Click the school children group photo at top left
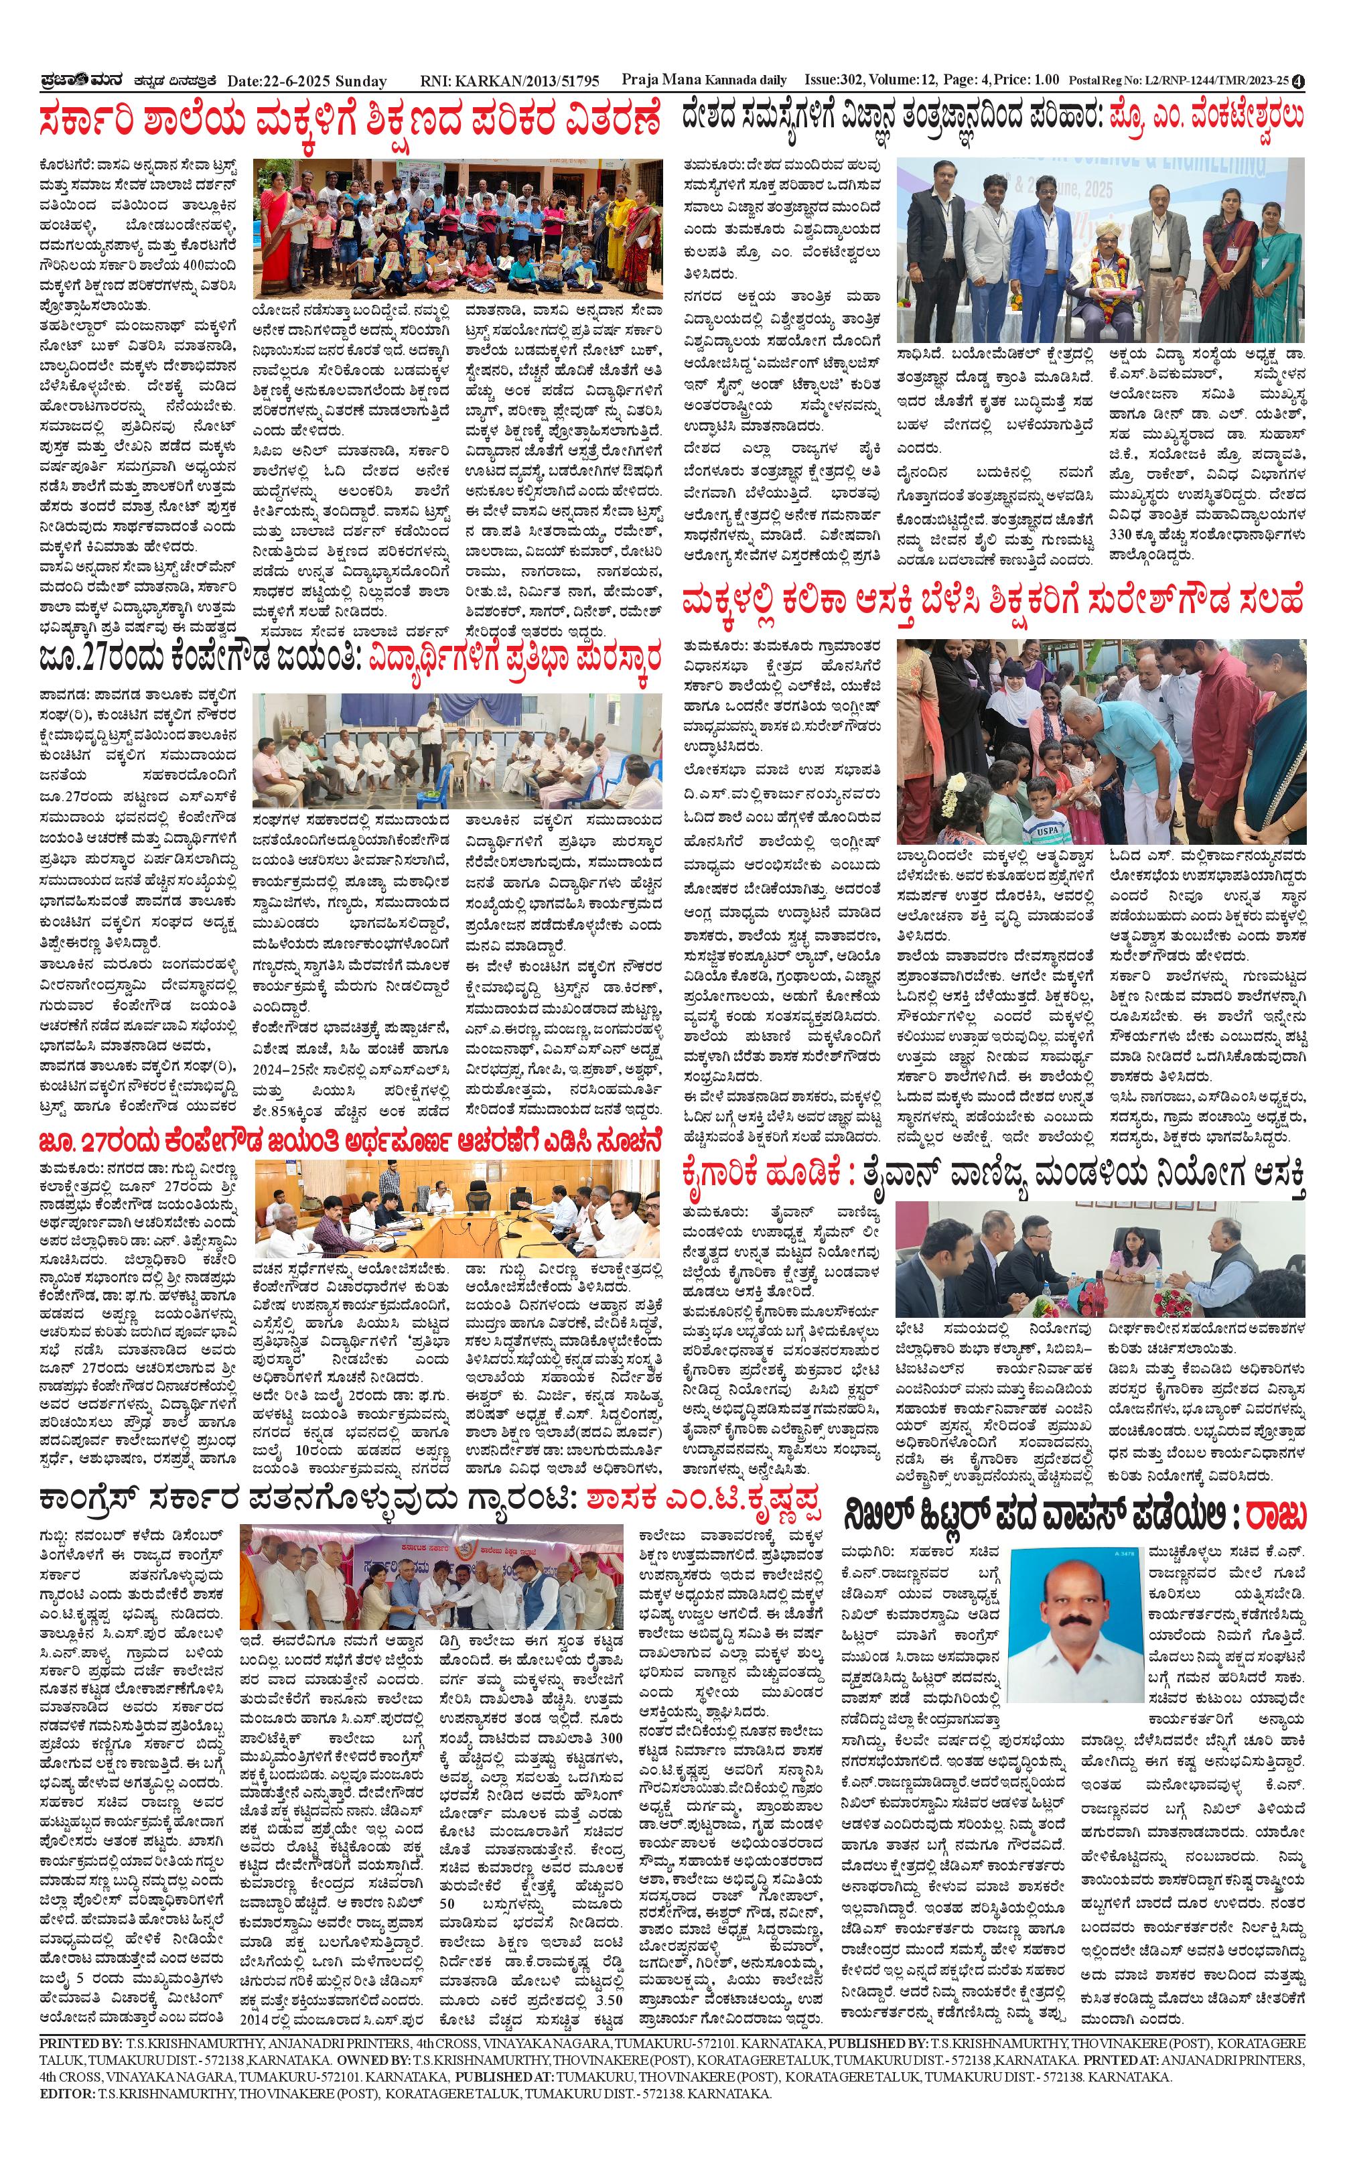[x=457, y=228]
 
